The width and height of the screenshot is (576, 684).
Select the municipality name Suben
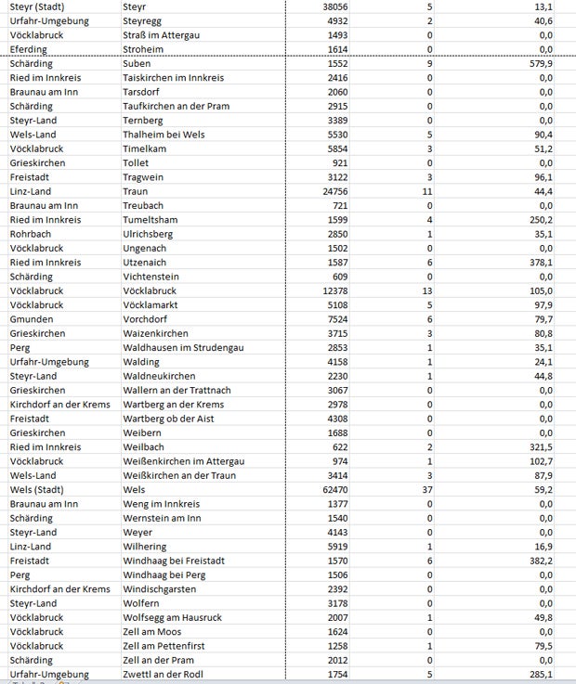click(x=137, y=64)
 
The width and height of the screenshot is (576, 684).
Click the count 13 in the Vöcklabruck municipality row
click(x=427, y=291)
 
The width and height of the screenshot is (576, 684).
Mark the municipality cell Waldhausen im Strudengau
click(x=183, y=348)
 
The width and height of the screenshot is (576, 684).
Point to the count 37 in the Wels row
click(x=427, y=490)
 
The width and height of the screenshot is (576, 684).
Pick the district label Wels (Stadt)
click(x=40, y=490)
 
